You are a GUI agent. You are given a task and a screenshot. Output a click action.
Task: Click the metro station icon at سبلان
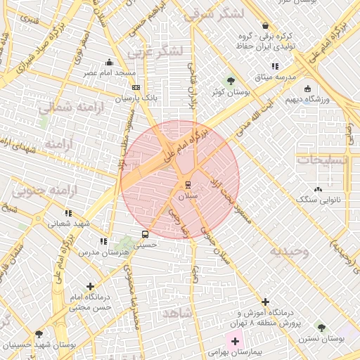(188, 184)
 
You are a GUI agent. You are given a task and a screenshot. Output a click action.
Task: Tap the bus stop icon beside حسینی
(145, 234)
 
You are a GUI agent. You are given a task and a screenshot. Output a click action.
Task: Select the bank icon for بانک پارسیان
(136, 88)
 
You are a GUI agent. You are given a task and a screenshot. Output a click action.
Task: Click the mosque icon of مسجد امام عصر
(108, 63)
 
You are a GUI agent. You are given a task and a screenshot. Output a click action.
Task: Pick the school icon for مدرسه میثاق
(274, 66)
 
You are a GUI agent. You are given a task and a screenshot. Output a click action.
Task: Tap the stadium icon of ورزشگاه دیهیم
(307, 89)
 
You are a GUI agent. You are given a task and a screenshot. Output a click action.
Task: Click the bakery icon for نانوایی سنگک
(319, 189)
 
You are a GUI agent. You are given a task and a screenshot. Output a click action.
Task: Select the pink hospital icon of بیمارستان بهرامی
(235, 340)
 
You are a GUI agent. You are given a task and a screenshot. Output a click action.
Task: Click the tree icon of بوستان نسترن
(321, 328)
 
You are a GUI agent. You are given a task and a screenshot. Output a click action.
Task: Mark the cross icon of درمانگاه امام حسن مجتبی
(90, 286)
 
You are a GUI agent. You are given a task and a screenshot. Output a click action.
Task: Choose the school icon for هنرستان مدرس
(104, 241)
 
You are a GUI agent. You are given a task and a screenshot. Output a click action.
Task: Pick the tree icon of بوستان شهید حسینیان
(39, 334)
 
